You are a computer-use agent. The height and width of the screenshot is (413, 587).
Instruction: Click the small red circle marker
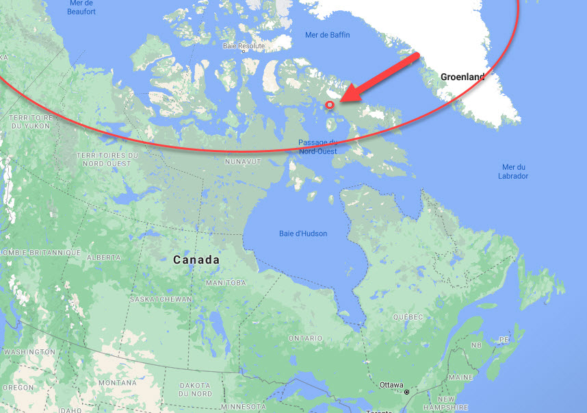pos(329,105)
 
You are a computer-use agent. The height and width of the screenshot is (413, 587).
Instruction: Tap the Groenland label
pos(462,77)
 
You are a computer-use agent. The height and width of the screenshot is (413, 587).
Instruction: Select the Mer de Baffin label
pos(326,34)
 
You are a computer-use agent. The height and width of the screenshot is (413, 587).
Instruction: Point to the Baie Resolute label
pos(244,47)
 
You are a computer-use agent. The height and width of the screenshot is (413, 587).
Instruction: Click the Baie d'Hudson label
pos(303,234)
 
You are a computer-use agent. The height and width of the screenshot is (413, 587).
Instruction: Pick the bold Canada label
pos(196,260)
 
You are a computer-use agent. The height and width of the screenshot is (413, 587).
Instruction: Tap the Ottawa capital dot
pos(406,392)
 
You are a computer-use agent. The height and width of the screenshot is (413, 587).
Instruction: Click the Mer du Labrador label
pos(513,171)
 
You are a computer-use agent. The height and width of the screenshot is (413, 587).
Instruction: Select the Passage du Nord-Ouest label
pos(317,147)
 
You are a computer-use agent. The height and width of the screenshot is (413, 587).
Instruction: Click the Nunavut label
pos(244,162)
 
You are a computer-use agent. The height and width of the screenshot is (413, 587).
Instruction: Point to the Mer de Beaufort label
pos(82,8)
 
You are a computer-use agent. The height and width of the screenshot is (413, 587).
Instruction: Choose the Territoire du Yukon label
pos(27,123)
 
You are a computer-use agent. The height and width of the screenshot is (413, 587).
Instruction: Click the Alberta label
pos(105,258)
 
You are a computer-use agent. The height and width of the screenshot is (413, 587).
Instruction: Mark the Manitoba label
pos(226,283)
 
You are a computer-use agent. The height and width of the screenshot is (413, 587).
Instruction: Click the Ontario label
pos(305,338)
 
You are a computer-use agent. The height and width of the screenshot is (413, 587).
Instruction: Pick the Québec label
pos(408,317)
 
